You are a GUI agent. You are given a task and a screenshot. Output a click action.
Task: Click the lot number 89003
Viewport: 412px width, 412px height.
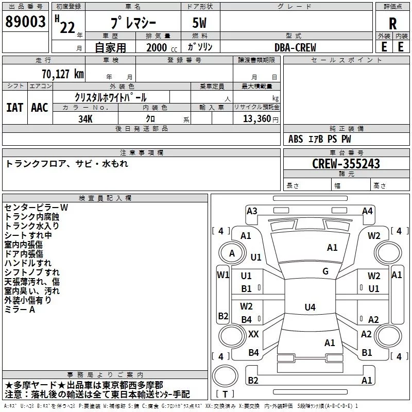tap(25, 22)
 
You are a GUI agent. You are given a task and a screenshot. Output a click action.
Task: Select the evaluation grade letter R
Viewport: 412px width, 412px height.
tap(392, 24)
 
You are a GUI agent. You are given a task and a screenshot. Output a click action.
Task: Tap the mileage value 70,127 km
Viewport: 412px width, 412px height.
tap(63, 74)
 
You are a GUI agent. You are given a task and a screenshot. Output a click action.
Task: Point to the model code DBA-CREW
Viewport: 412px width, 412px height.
tap(295, 47)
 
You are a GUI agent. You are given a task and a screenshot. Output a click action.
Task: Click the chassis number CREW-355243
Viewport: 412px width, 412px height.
tap(346, 164)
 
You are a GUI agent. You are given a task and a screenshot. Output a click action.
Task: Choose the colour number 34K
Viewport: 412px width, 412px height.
tap(85, 119)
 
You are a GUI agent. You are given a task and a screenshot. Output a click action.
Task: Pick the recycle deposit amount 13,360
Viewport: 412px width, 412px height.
tap(256, 119)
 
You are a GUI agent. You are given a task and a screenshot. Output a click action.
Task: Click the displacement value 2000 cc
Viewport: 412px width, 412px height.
tap(162, 48)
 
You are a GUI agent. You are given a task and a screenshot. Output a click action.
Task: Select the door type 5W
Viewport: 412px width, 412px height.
tap(199, 23)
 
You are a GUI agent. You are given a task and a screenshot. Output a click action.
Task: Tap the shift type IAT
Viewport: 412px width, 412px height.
tap(15, 108)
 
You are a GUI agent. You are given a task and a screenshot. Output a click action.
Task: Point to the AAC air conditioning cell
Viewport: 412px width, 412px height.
tap(40, 108)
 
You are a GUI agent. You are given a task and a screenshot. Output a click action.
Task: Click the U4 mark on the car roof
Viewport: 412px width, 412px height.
tap(310, 307)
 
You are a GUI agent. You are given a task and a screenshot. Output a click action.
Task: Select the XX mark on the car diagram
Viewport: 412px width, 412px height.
tap(253, 334)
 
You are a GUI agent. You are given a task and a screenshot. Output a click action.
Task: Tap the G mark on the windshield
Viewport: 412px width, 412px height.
tap(325, 271)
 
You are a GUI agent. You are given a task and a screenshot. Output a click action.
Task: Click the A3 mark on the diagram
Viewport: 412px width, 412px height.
tap(252, 211)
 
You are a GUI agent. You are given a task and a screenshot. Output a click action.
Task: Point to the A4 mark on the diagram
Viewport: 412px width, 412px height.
tap(367, 211)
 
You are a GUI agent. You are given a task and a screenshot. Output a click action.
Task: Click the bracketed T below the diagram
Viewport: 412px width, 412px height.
tap(225, 394)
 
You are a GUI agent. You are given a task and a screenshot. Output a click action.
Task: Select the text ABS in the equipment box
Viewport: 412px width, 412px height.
tap(296, 139)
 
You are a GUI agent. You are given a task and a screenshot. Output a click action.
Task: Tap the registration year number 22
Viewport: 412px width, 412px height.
tap(67, 27)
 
